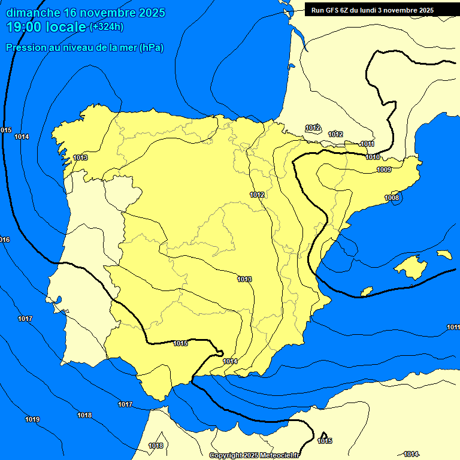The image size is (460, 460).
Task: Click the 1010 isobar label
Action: (373, 157)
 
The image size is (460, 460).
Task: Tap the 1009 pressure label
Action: (384, 170)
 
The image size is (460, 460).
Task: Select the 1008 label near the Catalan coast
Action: (392, 198)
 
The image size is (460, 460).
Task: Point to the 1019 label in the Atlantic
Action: (32, 419)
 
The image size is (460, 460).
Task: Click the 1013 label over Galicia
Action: (80, 158)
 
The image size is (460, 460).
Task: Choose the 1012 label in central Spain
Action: (258, 195)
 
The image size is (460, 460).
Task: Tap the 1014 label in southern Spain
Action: (231, 361)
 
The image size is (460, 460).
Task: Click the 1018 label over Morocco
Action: (156, 446)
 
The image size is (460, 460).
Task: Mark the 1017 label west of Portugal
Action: (25, 319)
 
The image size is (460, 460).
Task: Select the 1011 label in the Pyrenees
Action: (368, 144)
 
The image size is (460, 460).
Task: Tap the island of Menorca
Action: (444, 255)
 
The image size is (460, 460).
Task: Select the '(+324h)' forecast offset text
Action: (107, 26)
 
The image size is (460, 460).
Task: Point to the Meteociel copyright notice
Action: (253, 455)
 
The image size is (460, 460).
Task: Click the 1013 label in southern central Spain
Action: (244, 279)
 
